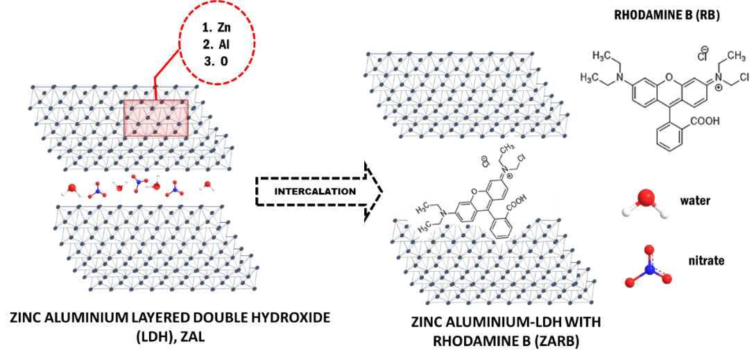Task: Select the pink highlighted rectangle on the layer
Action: (156, 118)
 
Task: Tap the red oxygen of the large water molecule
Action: (646, 198)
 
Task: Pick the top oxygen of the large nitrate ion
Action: (649, 248)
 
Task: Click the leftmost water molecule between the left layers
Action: (73, 189)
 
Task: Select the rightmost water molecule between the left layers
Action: (207, 185)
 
